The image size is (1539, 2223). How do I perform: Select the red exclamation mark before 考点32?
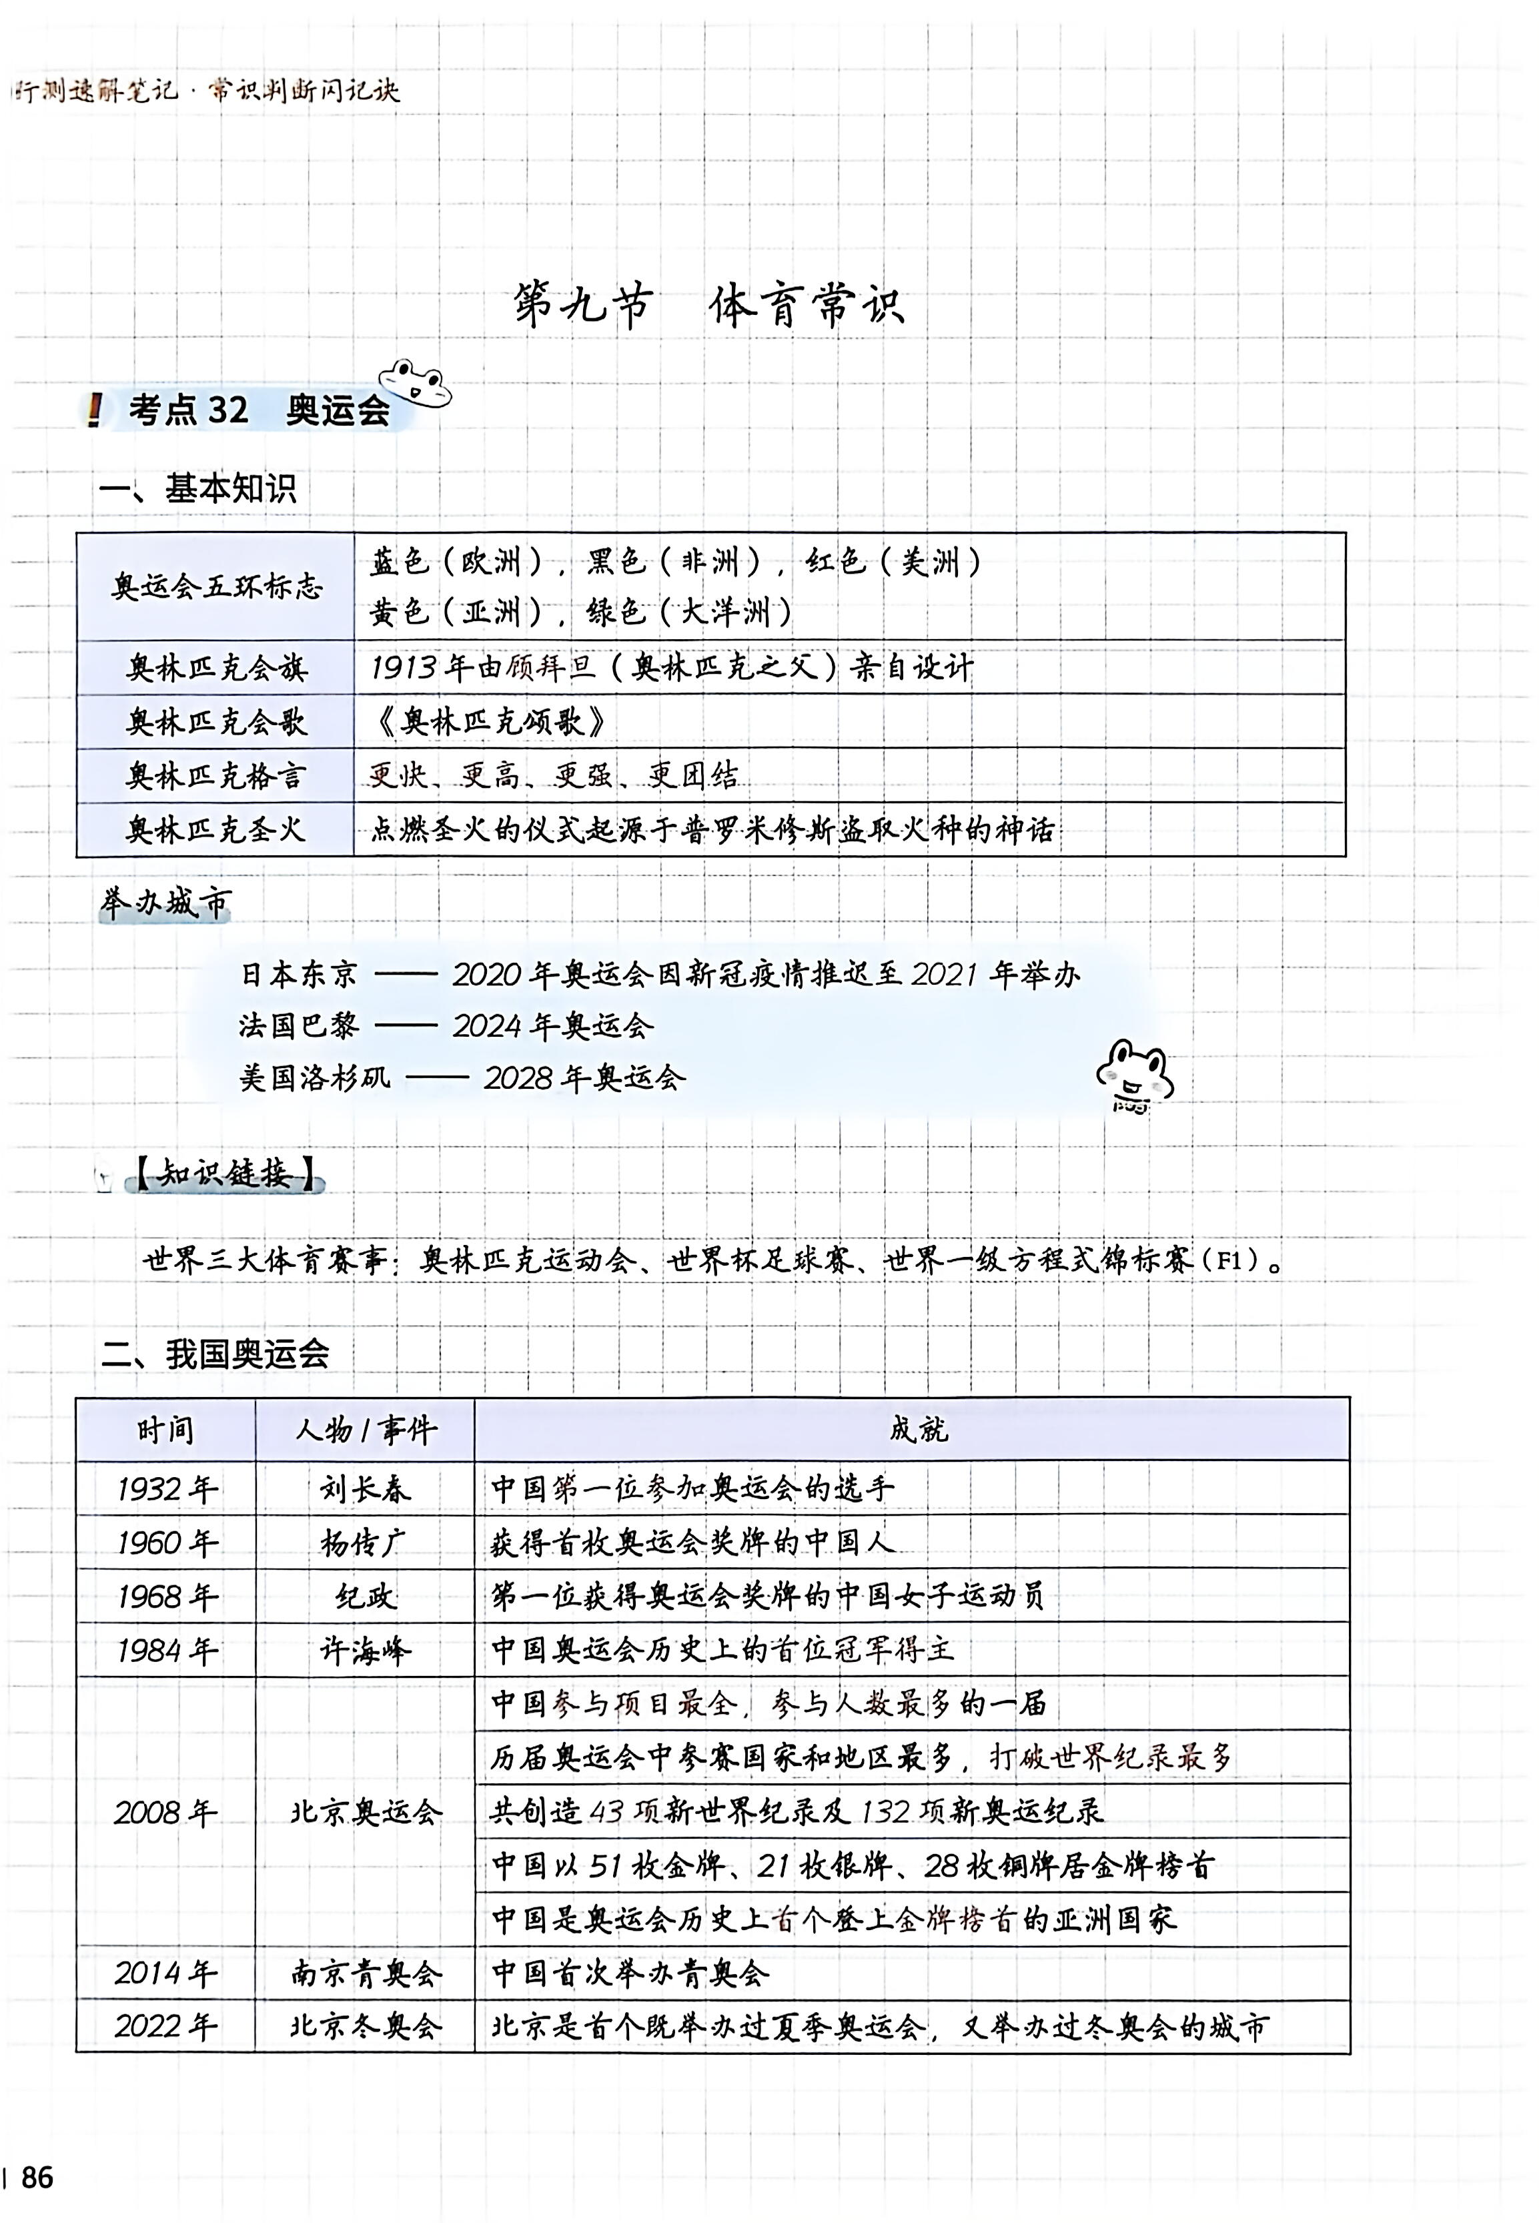(93, 410)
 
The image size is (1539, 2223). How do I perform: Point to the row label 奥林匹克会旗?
(216, 667)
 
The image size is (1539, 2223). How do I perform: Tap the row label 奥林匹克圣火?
(216, 829)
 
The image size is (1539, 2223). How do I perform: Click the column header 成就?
(918, 1428)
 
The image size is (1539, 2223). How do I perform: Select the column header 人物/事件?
(364, 1428)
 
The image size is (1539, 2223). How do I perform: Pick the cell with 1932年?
(166, 1488)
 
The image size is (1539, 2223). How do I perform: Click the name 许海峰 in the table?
(364, 1650)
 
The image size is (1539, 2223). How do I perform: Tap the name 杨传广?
(364, 1542)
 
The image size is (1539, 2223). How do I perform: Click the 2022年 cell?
(166, 2026)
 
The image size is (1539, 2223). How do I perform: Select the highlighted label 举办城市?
(165, 903)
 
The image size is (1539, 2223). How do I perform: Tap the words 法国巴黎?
(298, 1025)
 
